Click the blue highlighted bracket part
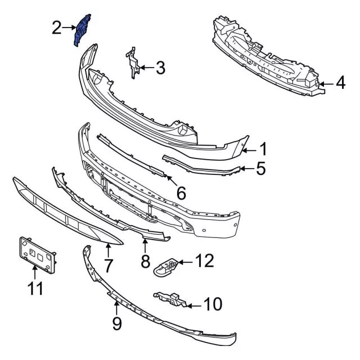tap(82, 30)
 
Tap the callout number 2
tap(57, 28)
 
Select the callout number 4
tap(340, 83)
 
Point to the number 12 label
tap(204, 260)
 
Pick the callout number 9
tap(117, 323)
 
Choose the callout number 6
tap(181, 193)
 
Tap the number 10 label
tap(213, 304)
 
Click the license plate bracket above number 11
tap(37, 255)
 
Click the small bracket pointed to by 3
tap(133, 62)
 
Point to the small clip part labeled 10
tap(171, 299)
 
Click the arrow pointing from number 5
tap(247, 169)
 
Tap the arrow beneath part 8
tap(145, 245)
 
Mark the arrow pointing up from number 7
tap(108, 251)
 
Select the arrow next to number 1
tap(249, 151)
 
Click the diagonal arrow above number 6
tap(172, 181)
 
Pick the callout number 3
tap(160, 67)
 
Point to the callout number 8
tap(145, 262)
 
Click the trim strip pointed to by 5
tap(201, 166)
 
